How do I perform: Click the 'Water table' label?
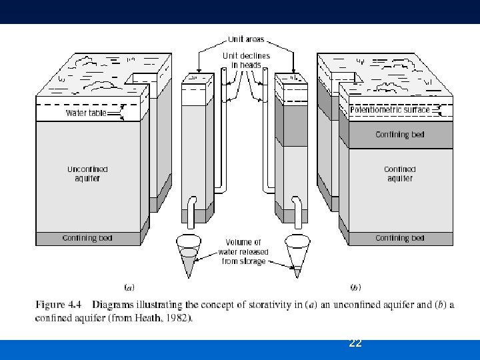(85, 113)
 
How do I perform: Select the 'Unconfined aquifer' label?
(87, 173)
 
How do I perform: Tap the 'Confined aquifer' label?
(399, 173)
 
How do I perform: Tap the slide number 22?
(355, 343)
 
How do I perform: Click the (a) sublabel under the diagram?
(130, 288)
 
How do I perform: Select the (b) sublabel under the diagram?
(355, 288)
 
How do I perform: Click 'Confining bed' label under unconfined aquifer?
(87, 238)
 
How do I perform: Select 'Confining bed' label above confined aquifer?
(399, 135)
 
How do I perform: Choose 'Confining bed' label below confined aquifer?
(399, 238)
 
